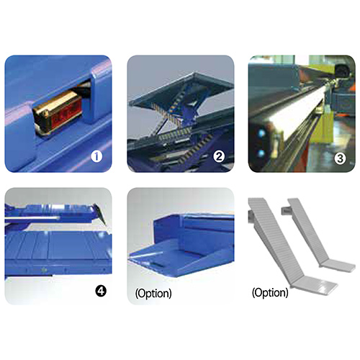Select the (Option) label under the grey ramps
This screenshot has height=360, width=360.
(x=270, y=293)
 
